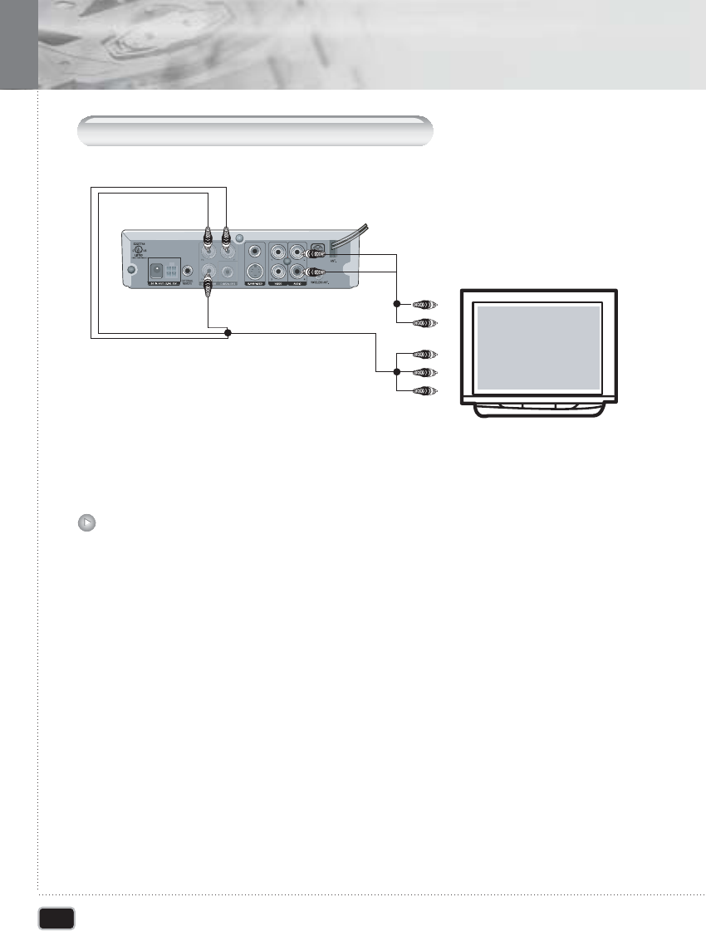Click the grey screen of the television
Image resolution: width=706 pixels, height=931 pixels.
537,347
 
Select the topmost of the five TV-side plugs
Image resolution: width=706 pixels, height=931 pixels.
424,305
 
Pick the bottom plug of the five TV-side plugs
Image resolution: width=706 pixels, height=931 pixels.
424,390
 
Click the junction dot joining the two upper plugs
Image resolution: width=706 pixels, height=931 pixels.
398,305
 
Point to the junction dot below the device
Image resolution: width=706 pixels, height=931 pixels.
228,333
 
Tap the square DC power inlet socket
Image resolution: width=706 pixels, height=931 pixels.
155,270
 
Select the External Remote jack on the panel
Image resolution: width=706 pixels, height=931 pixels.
189,270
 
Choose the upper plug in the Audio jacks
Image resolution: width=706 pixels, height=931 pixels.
316,253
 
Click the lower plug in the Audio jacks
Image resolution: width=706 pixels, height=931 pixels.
316,272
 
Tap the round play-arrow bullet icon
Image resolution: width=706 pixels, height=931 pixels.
87,522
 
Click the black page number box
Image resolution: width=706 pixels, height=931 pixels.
57,917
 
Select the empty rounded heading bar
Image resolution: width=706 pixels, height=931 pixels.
256,131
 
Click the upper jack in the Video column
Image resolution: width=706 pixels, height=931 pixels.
275,250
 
